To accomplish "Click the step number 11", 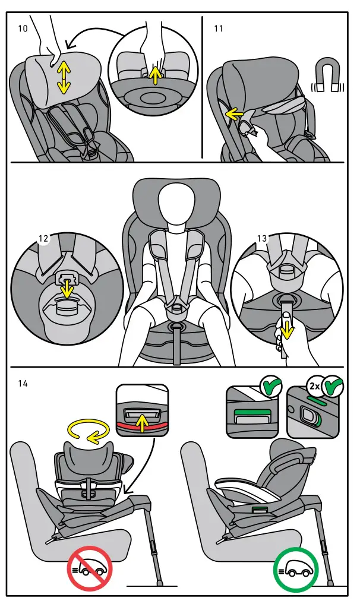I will (218, 28).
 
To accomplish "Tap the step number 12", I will (43, 239).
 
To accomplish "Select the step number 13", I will (262, 239).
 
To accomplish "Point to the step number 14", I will (23, 384).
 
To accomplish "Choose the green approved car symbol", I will (295, 568).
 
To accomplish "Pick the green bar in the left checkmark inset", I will (252, 411).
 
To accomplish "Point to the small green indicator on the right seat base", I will (259, 509).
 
